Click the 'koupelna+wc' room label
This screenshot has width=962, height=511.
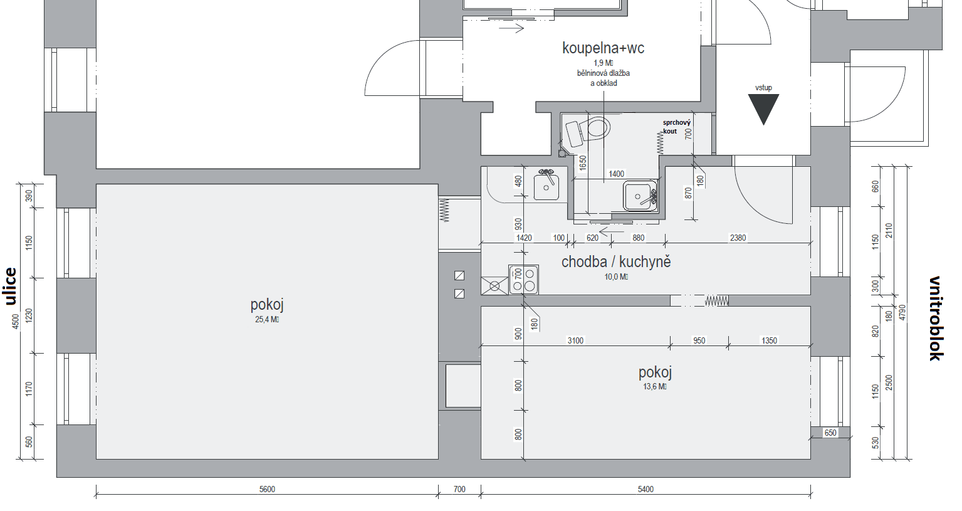click(603, 48)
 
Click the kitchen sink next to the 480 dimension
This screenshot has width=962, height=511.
click(546, 186)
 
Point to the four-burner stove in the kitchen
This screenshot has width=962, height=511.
click(524, 280)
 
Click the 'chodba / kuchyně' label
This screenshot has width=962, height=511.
click(615, 262)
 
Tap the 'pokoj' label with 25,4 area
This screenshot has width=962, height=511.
click(267, 305)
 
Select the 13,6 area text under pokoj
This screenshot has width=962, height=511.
click(654, 387)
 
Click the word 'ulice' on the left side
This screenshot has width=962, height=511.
click(10, 286)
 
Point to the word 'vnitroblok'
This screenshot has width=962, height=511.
click(935, 318)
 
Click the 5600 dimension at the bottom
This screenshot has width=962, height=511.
click(267, 490)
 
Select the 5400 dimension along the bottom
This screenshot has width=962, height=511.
click(646, 490)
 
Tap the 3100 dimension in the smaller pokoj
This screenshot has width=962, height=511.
click(575, 341)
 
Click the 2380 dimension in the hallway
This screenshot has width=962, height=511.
click(738, 238)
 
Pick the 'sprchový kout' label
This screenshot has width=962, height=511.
click(676, 127)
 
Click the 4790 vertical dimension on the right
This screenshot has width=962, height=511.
click(902, 312)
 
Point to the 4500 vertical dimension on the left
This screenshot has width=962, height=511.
click(16, 321)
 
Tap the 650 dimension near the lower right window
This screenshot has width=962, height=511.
click(830, 433)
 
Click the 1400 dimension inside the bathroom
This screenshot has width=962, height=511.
click(616, 174)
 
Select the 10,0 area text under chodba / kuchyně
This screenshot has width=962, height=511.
click(615, 277)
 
